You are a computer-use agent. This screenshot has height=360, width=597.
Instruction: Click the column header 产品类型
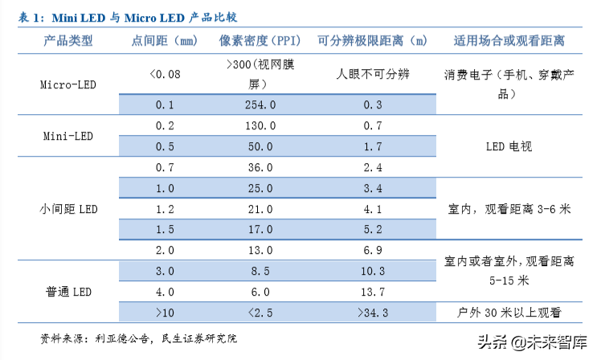tap(67, 40)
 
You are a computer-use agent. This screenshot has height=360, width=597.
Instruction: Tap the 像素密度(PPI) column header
tap(260, 40)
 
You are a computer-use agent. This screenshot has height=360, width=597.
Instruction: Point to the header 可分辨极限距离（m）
tap(372, 40)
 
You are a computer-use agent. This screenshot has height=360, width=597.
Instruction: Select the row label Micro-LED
tap(67, 83)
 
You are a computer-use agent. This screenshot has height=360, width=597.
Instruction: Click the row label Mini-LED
tap(67, 136)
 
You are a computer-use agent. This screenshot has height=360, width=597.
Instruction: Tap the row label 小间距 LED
tap(67, 209)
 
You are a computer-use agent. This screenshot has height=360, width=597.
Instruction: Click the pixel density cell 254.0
tap(260, 104)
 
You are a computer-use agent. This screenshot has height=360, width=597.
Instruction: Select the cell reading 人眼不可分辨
tap(372, 74)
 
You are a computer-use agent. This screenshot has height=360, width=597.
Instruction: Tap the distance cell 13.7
tap(372, 292)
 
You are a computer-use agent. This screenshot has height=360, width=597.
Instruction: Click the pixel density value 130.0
tap(260, 126)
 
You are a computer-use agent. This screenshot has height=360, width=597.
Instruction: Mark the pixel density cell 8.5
tap(260, 271)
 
